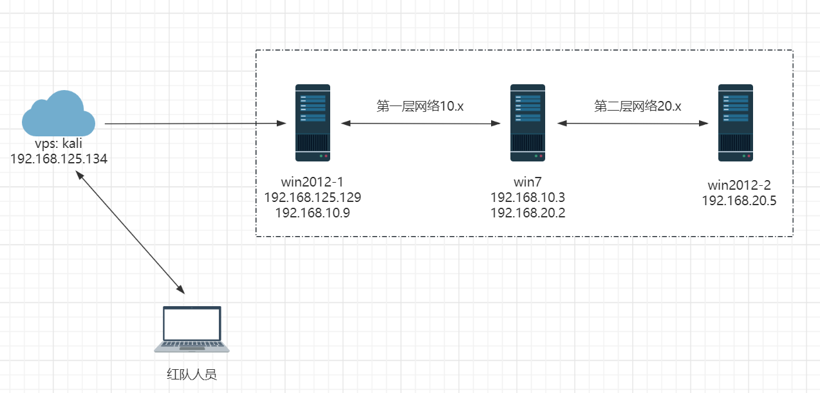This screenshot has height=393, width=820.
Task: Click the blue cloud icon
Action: point(58,114)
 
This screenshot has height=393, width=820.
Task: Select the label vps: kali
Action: point(59,144)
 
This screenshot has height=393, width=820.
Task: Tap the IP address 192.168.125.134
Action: point(59,158)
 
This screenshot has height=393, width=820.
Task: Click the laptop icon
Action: point(192,329)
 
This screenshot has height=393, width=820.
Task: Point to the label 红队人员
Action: point(192,374)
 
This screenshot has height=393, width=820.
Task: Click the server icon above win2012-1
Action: point(313,123)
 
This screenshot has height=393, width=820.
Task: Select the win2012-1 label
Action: point(313,182)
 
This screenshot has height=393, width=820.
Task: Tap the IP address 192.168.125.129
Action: point(313,197)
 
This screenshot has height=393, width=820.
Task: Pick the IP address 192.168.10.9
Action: point(313,212)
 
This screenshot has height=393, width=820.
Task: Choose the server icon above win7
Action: point(528,123)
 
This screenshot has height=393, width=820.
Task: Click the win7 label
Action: point(528,182)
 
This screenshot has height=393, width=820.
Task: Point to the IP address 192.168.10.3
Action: point(528,197)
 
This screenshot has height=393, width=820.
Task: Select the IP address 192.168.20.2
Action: point(528,212)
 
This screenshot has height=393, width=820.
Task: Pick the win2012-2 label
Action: point(739,185)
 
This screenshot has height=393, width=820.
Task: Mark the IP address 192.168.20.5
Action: point(739,201)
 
